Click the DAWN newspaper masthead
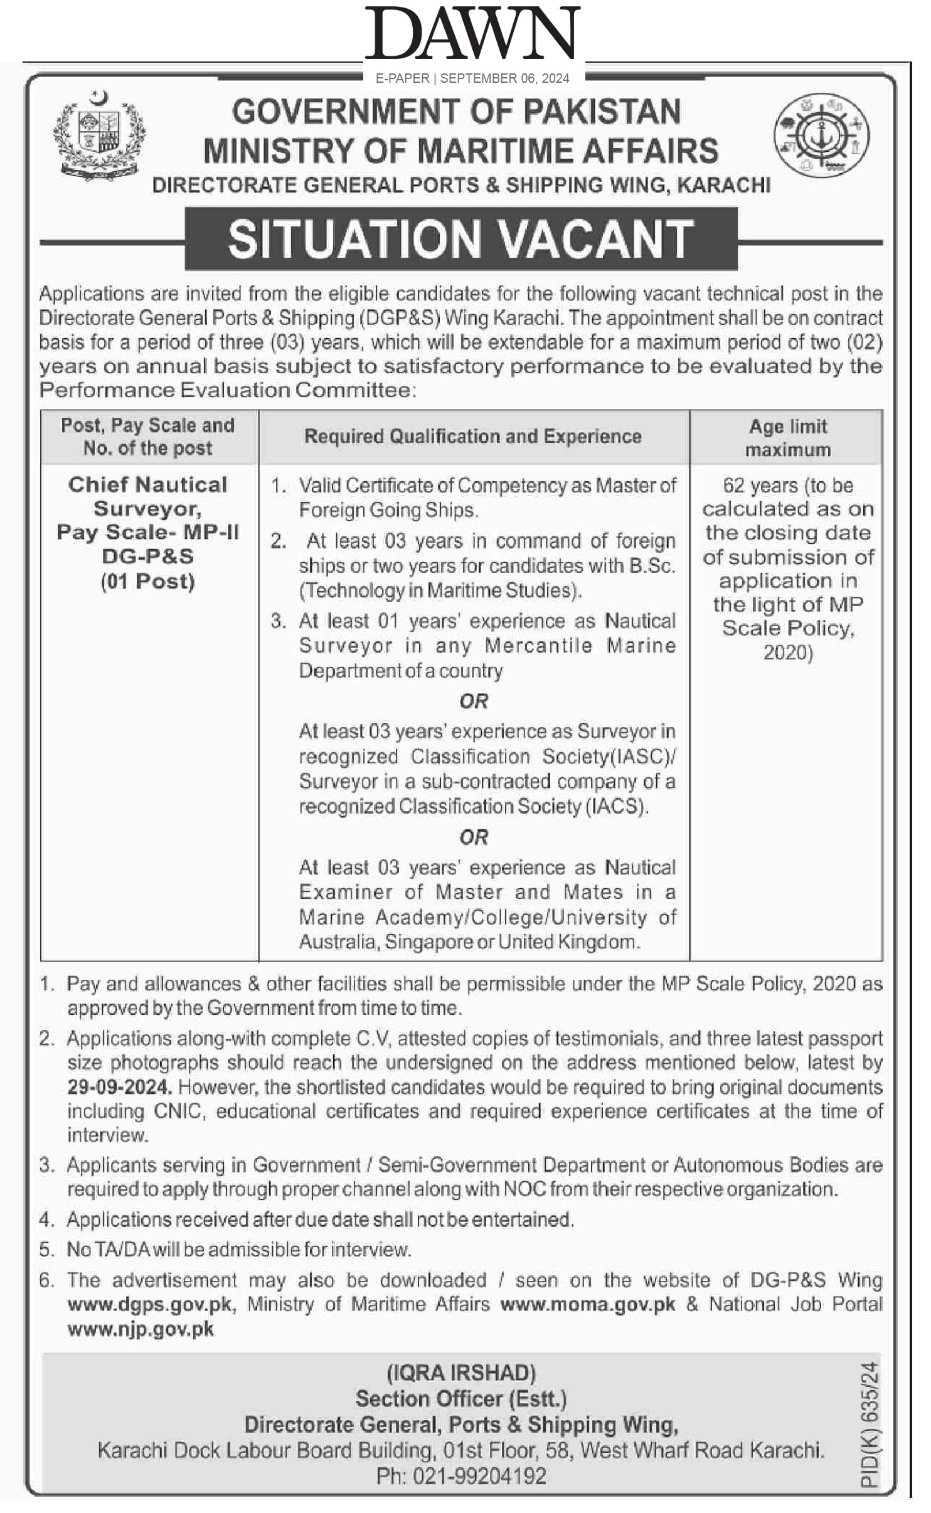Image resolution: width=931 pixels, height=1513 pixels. [x=473, y=34]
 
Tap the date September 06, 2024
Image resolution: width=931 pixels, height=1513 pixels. [x=504, y=78]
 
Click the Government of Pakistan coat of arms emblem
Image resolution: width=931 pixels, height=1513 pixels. [x=100, y=135]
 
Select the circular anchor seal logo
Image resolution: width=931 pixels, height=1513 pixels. [x=821, y=134]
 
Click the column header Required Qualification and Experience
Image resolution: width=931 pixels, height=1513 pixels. [x=472, y=437]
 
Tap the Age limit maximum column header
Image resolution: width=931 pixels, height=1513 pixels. [x=787, y=438]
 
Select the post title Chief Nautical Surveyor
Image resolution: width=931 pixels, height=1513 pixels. [x=147, y=496]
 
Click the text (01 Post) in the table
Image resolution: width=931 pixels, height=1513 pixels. [x=147, y=581]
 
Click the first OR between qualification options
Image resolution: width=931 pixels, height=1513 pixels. [x=474, y=701]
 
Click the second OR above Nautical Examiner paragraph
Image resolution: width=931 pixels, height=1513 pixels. [x=474, y=837]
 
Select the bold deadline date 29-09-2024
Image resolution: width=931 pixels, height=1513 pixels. [x=119, y=1086]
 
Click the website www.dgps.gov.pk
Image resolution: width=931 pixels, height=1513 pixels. [x=151, y=1304]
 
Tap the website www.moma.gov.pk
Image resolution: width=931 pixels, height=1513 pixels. [x=588, y=1304]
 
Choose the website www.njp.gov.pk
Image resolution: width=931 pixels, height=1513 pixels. [x=141, y=1329]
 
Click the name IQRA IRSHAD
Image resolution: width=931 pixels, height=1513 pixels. [x=461, y=1373]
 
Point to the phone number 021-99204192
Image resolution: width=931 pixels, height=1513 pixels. [x=479, y=1476]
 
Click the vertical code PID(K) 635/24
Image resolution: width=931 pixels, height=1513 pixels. [x=870, y=1423]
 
